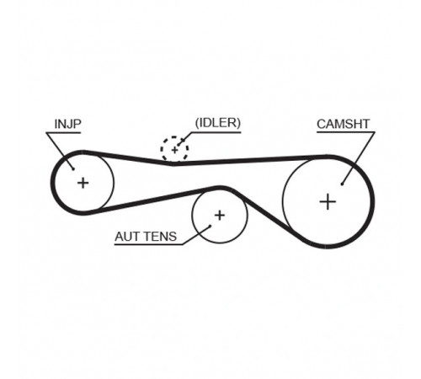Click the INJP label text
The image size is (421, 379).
[68, 124]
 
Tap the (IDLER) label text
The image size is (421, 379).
[218, 123]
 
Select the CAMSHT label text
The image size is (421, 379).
[343, 124]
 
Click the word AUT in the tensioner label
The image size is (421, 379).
[125, 237]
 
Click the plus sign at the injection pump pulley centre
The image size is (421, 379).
[83, 183]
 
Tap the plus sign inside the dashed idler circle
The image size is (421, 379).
[174, 150]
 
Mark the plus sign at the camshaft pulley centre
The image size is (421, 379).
[328, 202]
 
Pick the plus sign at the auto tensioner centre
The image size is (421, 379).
[220, 216]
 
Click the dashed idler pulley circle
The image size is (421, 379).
[161, 150]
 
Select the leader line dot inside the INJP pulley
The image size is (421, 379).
[73, 168]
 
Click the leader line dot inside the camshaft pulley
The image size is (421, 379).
[342, 184]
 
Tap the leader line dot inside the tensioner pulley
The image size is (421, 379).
[210, 226]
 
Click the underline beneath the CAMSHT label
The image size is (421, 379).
[346, 132]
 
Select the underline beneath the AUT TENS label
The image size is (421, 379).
[148, 244]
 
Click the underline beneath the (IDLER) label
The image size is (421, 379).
[216, 132]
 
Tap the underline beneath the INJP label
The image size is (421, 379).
[63, 132]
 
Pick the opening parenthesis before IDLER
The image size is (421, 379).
[197, 123]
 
